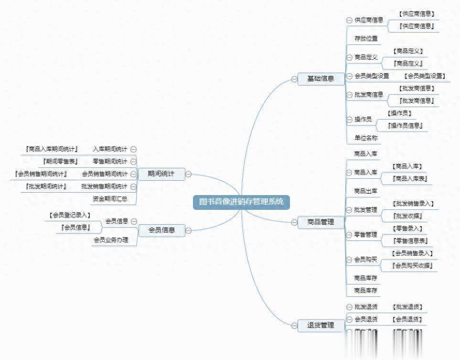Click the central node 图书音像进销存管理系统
[x=241, y=202]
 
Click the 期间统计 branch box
[x=161, y=174]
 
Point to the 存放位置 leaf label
[x=366, y=39]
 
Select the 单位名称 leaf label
[x=366, y=138]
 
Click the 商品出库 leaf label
[x=365, y=191]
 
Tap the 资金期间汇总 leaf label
[x=110, y=198]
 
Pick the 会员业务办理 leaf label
[x=111, y=240]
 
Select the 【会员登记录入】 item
[x=70, y=216]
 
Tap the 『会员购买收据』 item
[x=412, y=266]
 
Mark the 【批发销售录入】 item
[x=412, y=204]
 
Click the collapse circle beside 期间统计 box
[x=189, y=174]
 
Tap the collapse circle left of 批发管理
[x=349, y=210]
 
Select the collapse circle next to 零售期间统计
[x=133, y=162]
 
